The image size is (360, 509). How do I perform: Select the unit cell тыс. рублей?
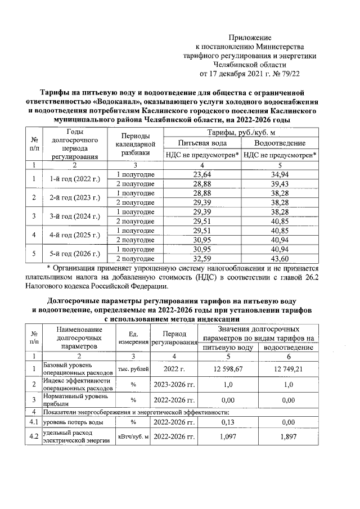click(133, 368)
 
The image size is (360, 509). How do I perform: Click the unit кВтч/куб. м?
click(133, 437)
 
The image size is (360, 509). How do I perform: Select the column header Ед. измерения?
click(133, 338)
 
